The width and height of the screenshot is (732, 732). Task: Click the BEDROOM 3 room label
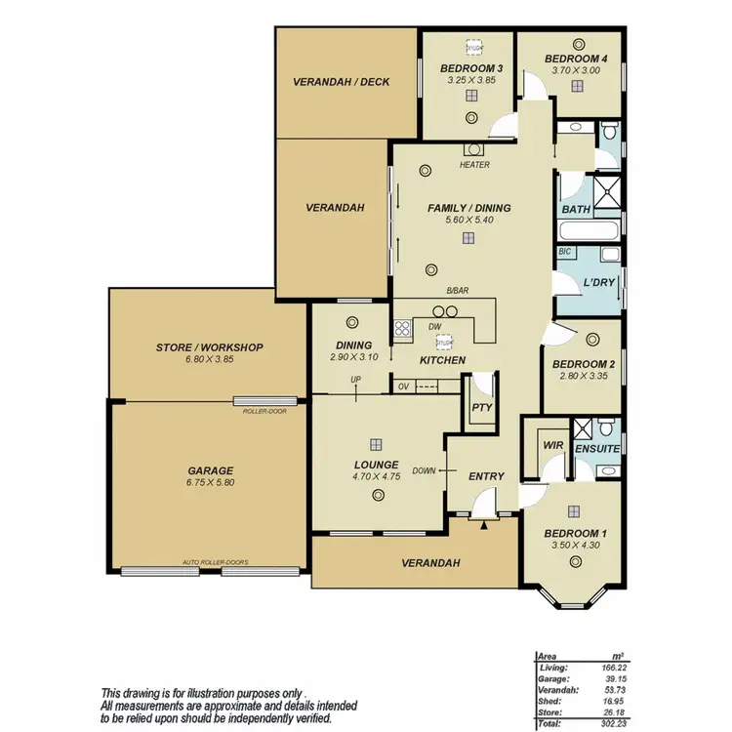coord(470,67)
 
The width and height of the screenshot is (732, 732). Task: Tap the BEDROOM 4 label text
coord(577,59)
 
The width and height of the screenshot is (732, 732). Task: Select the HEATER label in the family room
coord(474,165)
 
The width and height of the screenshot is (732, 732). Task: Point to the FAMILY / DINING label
coord(468,208)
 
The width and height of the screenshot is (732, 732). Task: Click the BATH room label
coord(575,210)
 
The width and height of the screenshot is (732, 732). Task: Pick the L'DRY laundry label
coord(598,283)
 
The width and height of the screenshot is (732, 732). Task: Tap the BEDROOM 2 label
coord(583,366)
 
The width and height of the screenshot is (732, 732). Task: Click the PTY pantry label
coord(481,407)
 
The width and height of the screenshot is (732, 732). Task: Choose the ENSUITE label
coord(597,449)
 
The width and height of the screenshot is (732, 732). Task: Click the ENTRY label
coord(486,476)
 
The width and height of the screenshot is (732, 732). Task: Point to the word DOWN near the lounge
coord(424,470)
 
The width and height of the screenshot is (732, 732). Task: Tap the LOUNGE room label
coord(376,465)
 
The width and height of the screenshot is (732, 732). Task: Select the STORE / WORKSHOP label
coord(209,346)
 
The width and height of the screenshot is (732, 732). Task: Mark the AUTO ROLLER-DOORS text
coord(215,563)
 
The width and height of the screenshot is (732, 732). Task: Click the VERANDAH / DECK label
coord(341,82)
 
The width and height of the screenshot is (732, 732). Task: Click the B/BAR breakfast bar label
coord(457,292)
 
